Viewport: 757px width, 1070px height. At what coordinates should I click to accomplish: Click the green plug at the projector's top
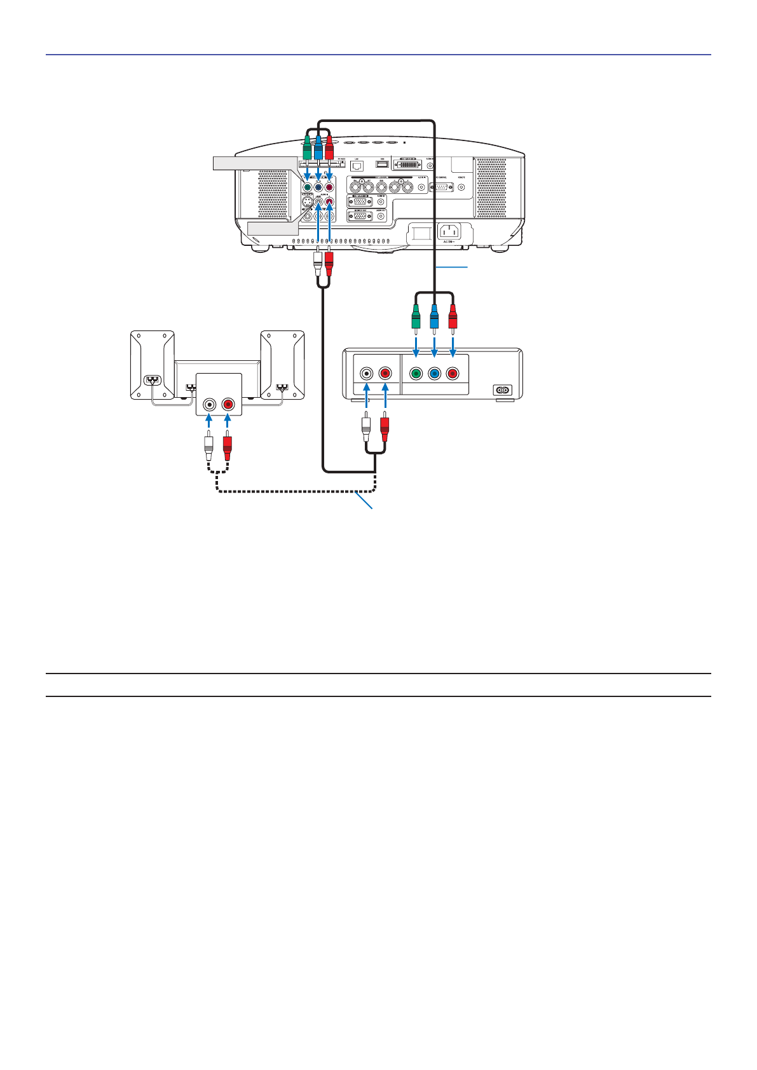click(x=306, y=149)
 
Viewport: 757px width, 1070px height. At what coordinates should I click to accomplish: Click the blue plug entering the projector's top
click(x=318, y=147)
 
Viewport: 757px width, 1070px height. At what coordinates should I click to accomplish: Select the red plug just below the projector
click(x=329, y=261)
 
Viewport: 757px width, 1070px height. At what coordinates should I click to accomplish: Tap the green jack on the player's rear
click(x=416, y=374)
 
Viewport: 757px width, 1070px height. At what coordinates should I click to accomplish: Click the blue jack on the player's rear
click(x=434, y=374)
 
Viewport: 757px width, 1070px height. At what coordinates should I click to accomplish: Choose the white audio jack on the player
click(x=367, y=374)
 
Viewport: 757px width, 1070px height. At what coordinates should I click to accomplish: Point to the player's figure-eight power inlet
click(x=503, y=389)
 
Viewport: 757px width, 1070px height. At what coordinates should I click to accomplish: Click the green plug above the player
click(x=416, y=316)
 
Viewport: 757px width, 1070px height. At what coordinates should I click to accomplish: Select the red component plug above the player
click(x=453, y=316)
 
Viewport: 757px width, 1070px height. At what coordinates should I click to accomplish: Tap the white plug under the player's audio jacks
click(x=365, y=430)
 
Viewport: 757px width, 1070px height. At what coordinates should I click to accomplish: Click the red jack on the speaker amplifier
click(x=228, y=404)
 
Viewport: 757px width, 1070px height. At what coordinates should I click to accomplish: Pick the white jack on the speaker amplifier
click(x=209, y=404)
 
